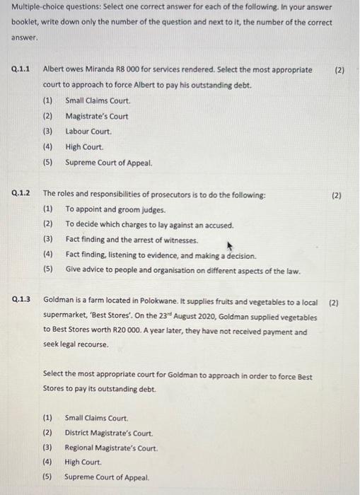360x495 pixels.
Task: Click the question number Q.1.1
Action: pyautogui.click(x=21, y=71)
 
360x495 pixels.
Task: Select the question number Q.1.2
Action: pyautogui.click(x=21, y=194)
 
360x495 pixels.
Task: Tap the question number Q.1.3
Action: pyautogui.click(x=21, y=300)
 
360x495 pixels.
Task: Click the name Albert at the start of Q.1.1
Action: pyautogui.click(x=54, y=71)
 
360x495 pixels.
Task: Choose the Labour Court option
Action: pyautogui.click(x=88, y=132)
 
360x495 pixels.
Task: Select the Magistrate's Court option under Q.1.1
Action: pyautogui.click(x=97, y=117)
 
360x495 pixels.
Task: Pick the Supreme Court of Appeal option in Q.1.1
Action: pyautogui.click(x=109, y=163)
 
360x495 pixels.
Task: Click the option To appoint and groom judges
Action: pyautogui.click(x=116, y=209)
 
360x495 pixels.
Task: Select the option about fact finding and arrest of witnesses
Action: pyautogui.click(x=132, y=240)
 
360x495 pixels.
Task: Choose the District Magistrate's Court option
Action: pyautogui.click(x=108, y=433)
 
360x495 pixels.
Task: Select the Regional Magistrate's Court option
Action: pyautogui.click(x=111, y=448)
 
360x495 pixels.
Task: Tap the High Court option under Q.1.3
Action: pyautogui.click(x=83, y=462)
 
